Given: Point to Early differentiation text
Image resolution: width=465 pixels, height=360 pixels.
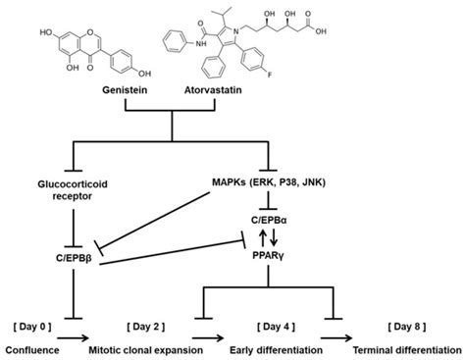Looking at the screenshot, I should tap(278, 348).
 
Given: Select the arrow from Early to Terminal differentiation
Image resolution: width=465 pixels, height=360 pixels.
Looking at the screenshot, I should tap(338, 348).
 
